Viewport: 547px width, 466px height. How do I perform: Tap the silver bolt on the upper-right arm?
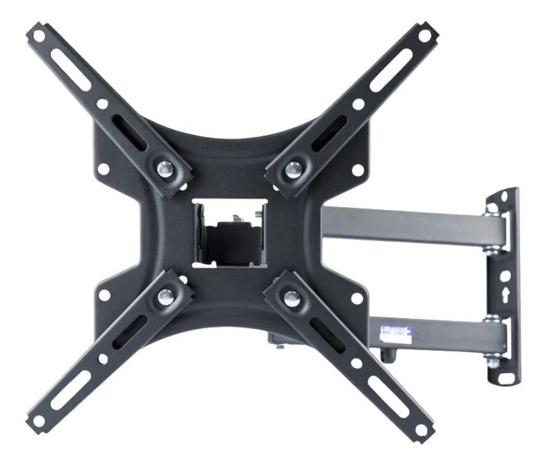(x=293, y=169)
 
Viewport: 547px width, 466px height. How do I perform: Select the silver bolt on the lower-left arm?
(x=165, y=294)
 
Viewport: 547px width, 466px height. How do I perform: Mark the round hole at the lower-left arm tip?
(x=39, y=421)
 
